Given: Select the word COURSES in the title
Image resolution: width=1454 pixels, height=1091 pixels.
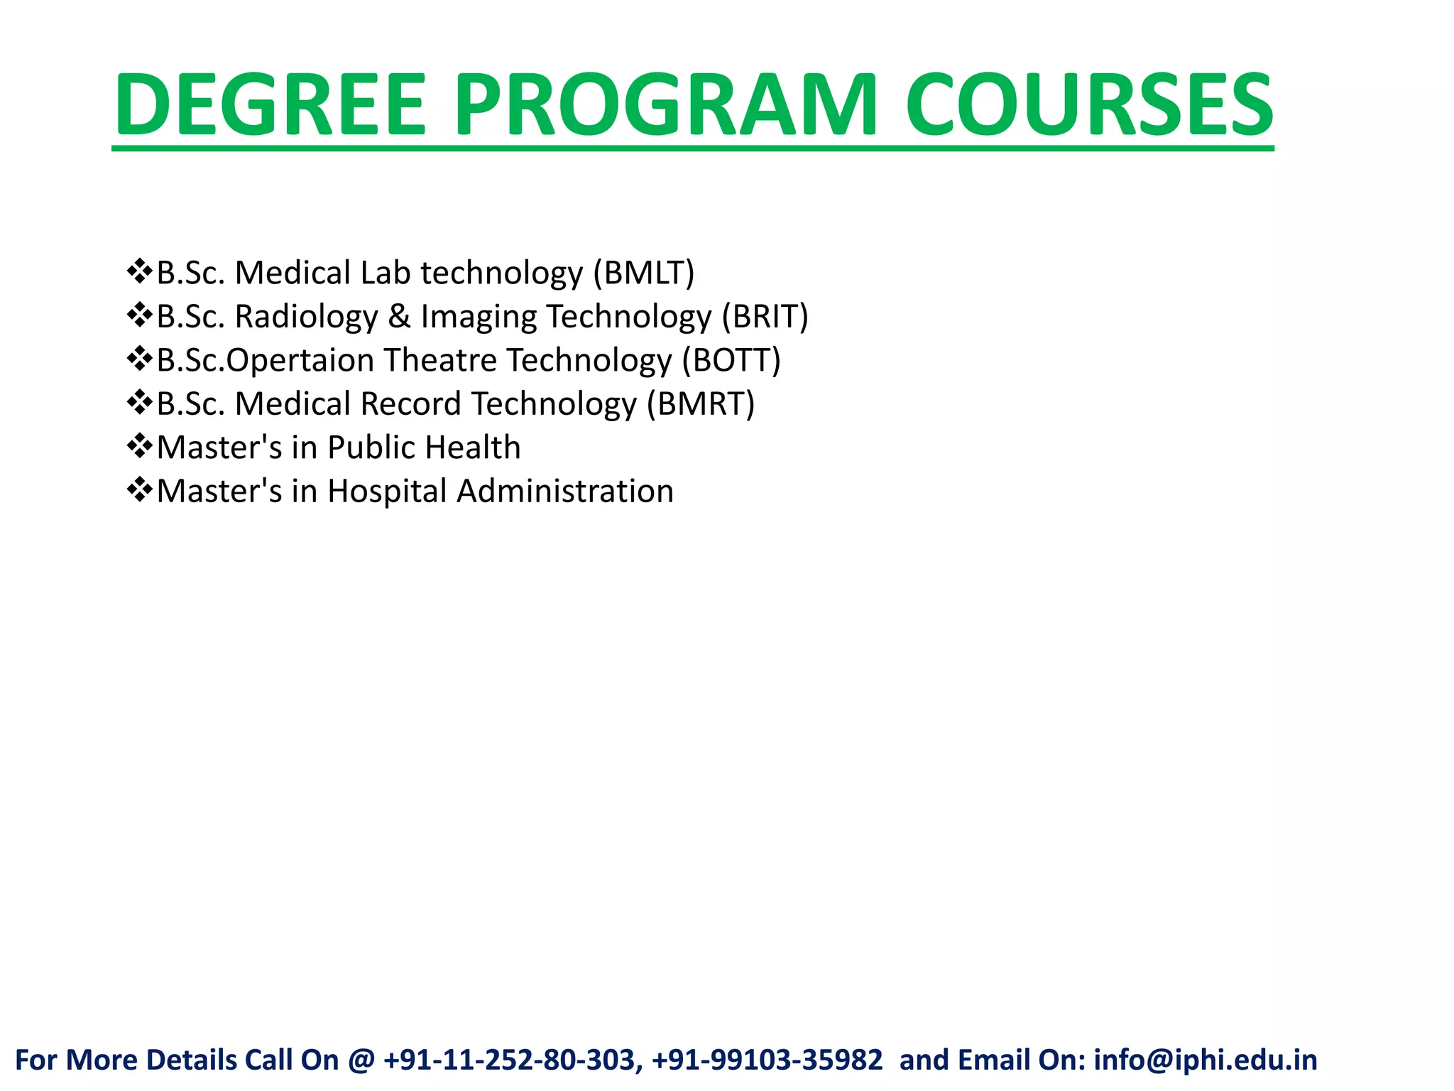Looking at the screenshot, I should click(x=1089, y=105).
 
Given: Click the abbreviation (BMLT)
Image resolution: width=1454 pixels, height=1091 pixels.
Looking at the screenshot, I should click(x=644, y=273).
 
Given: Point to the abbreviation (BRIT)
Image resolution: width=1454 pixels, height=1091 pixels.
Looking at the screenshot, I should click(x=765, y=317).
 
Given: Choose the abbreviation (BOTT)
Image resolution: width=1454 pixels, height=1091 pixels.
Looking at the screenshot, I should click(x=731, y=361).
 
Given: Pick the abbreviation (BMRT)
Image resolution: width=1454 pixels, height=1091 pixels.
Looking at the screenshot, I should click(x=700, y=404).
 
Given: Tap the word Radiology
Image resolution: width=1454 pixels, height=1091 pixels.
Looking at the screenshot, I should click(x=306, y=317).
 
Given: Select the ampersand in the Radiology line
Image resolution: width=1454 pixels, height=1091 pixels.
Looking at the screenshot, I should click(x=400, y=317).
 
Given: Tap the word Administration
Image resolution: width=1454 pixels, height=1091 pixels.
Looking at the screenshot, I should click(x=565, y=492).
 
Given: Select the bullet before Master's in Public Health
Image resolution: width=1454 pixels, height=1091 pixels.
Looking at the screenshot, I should click(x=139, y=447).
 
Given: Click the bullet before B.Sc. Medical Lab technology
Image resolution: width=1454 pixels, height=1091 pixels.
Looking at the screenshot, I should click(x=139, y=272).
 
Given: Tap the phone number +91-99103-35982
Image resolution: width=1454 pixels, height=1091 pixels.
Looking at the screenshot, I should click(x=767, y=1060).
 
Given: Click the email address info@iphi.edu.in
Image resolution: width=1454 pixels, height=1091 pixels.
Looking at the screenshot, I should click(x=1205, y=1060).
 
